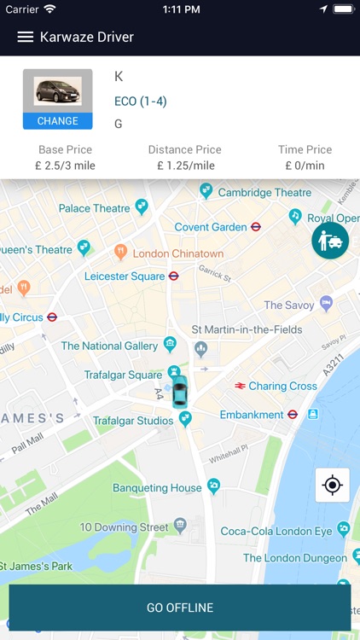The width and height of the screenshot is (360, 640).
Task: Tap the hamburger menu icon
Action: pos(26,38)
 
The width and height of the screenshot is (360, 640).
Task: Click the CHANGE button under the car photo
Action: pos(58,121)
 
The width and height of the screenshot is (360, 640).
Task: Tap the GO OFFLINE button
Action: pos(180,608)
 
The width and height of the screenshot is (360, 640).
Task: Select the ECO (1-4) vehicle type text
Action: pos(141,102)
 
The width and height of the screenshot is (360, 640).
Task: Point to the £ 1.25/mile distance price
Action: pos(185,166)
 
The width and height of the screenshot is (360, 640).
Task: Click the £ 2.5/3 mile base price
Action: pos(66,166)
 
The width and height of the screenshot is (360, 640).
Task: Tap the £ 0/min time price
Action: pos(305,166)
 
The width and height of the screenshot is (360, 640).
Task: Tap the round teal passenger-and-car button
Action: pos(330,241)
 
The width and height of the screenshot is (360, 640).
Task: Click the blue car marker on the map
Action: pos(179,393)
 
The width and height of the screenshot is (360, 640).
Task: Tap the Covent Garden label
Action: pos(210,227)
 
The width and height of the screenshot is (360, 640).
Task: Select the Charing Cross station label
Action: pos(282,386)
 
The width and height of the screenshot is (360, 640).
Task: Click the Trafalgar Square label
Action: pos(123,375)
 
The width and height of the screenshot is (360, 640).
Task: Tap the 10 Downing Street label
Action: pos(125,527)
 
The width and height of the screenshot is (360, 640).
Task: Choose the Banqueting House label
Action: pos(157,488)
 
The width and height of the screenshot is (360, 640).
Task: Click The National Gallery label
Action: pos(109,346)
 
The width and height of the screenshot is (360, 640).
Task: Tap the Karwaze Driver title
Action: pos(87,38)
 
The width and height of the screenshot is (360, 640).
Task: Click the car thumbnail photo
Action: pos(58,91)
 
